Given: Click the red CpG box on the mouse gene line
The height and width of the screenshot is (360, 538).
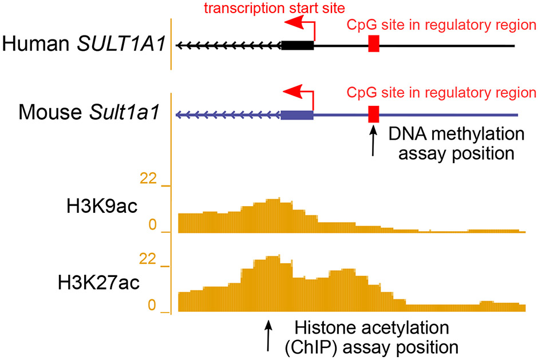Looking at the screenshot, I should [x=374, y=114].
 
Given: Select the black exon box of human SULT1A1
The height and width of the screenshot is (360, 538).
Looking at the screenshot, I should [x=297, y=45].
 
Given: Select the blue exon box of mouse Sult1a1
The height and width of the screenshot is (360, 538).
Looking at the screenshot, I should [x=297, y=114].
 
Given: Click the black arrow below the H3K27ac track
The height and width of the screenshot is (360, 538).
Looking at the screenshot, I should [x=268, y=337].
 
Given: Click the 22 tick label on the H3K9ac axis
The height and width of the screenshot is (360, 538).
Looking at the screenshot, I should [x=148, y=179].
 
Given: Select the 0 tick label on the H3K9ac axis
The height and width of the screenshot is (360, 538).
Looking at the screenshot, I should [x=152, y=227].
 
